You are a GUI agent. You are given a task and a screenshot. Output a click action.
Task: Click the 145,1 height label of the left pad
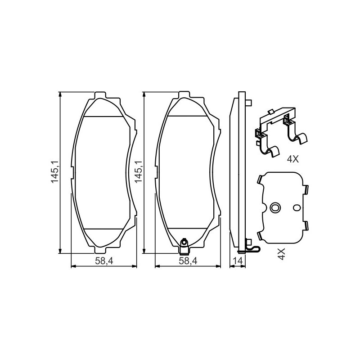(x=55, y=172)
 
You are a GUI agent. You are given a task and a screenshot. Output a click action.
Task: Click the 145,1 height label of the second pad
(x=139, y=172)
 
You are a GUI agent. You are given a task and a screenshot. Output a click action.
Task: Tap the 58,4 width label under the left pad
(x=104, y=261)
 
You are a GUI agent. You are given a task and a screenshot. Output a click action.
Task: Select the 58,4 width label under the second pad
(x=188, y=261)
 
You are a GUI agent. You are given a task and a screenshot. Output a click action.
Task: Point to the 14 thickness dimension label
(x=238, y=261)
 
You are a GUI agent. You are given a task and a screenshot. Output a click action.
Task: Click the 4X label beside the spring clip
(x=293, y=159)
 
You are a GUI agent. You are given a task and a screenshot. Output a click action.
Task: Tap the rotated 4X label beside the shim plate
(x=281, y=254)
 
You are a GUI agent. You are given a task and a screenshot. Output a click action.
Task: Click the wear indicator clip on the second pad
(x=184, y=247)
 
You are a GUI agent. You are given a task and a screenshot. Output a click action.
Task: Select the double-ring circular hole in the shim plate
(x=275, y=207)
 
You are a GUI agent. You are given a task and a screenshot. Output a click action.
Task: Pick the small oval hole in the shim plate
(x=297, y=207)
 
